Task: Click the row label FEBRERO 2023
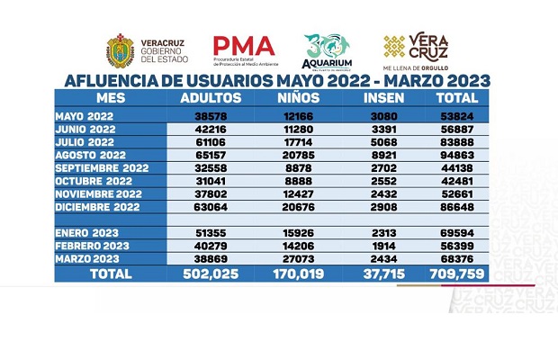(x=91, y=244)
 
